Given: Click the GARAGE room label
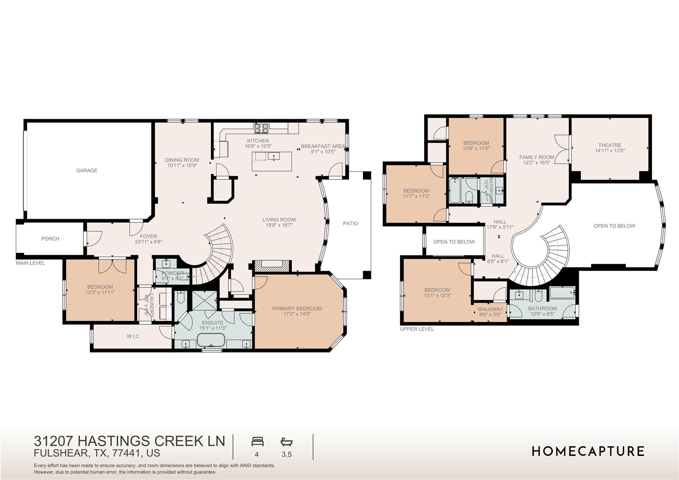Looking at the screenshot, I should click(87, 171).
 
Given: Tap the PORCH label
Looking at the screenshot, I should click(50, 239).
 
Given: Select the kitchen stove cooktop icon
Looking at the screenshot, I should click(262, 126).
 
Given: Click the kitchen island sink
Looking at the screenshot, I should click(274, 156).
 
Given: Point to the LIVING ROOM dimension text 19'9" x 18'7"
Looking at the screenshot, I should click(279, 225).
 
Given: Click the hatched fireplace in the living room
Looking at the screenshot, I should click(272, 266).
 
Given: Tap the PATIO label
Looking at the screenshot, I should click(350, 224).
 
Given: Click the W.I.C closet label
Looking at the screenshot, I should click(133, 336).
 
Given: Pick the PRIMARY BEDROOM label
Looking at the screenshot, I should click(297, 309).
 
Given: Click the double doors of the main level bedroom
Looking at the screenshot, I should click(112, 266).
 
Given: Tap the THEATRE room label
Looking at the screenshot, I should click(610, 145).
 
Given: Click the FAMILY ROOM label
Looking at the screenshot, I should click(536, 157).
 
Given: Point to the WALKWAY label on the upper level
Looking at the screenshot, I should click(490, 309).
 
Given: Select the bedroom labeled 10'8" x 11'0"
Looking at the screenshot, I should click(476, 146).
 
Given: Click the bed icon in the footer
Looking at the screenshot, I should click(257, 442).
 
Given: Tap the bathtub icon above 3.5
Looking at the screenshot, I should click(286, 442).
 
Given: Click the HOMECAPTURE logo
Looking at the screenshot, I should click(588, 451).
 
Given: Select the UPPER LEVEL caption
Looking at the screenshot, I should click(417, 329).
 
